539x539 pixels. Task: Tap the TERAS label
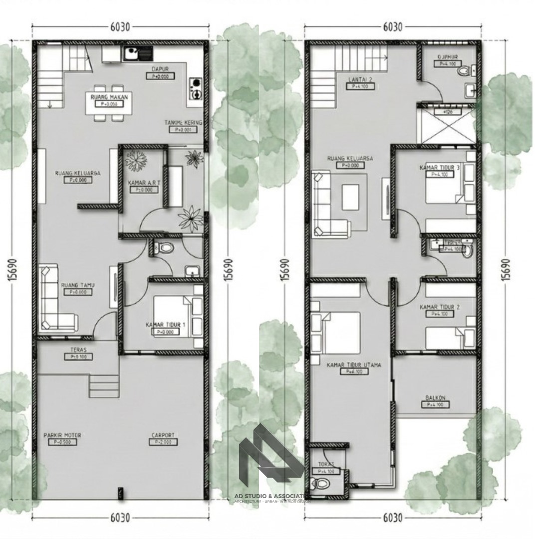point(78,350)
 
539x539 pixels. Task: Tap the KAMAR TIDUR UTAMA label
point(353,365)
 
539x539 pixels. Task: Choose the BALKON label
point(435,398)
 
